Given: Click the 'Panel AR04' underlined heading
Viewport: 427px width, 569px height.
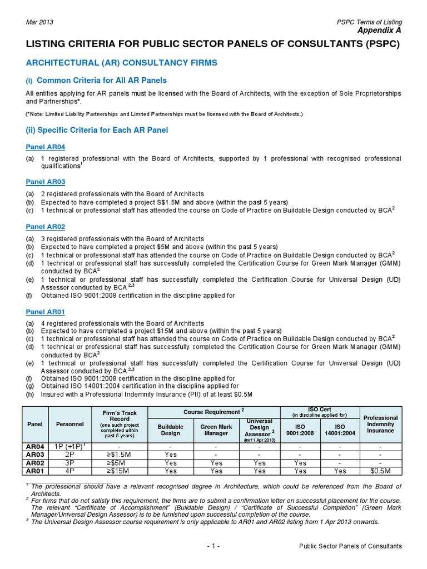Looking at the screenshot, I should click(46, 147).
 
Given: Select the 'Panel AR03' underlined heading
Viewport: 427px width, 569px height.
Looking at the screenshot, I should click(46, 182).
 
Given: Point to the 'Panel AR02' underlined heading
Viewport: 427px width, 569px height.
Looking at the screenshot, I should click(46, 227).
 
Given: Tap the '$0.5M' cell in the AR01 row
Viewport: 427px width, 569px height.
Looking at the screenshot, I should click(381, 471).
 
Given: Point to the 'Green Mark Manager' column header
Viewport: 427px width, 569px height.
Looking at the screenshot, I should click(216, 429).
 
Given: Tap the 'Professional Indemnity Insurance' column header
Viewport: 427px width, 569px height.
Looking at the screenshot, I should click(381, 424).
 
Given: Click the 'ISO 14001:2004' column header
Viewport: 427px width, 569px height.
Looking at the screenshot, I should click(340, 429).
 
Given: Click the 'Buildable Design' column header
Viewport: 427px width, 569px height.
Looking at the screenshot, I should click(171, 429).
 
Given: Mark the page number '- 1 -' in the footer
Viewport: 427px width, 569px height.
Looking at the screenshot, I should click(213, 546).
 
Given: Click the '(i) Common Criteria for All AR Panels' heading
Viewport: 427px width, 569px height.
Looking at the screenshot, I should click(96, 81).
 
